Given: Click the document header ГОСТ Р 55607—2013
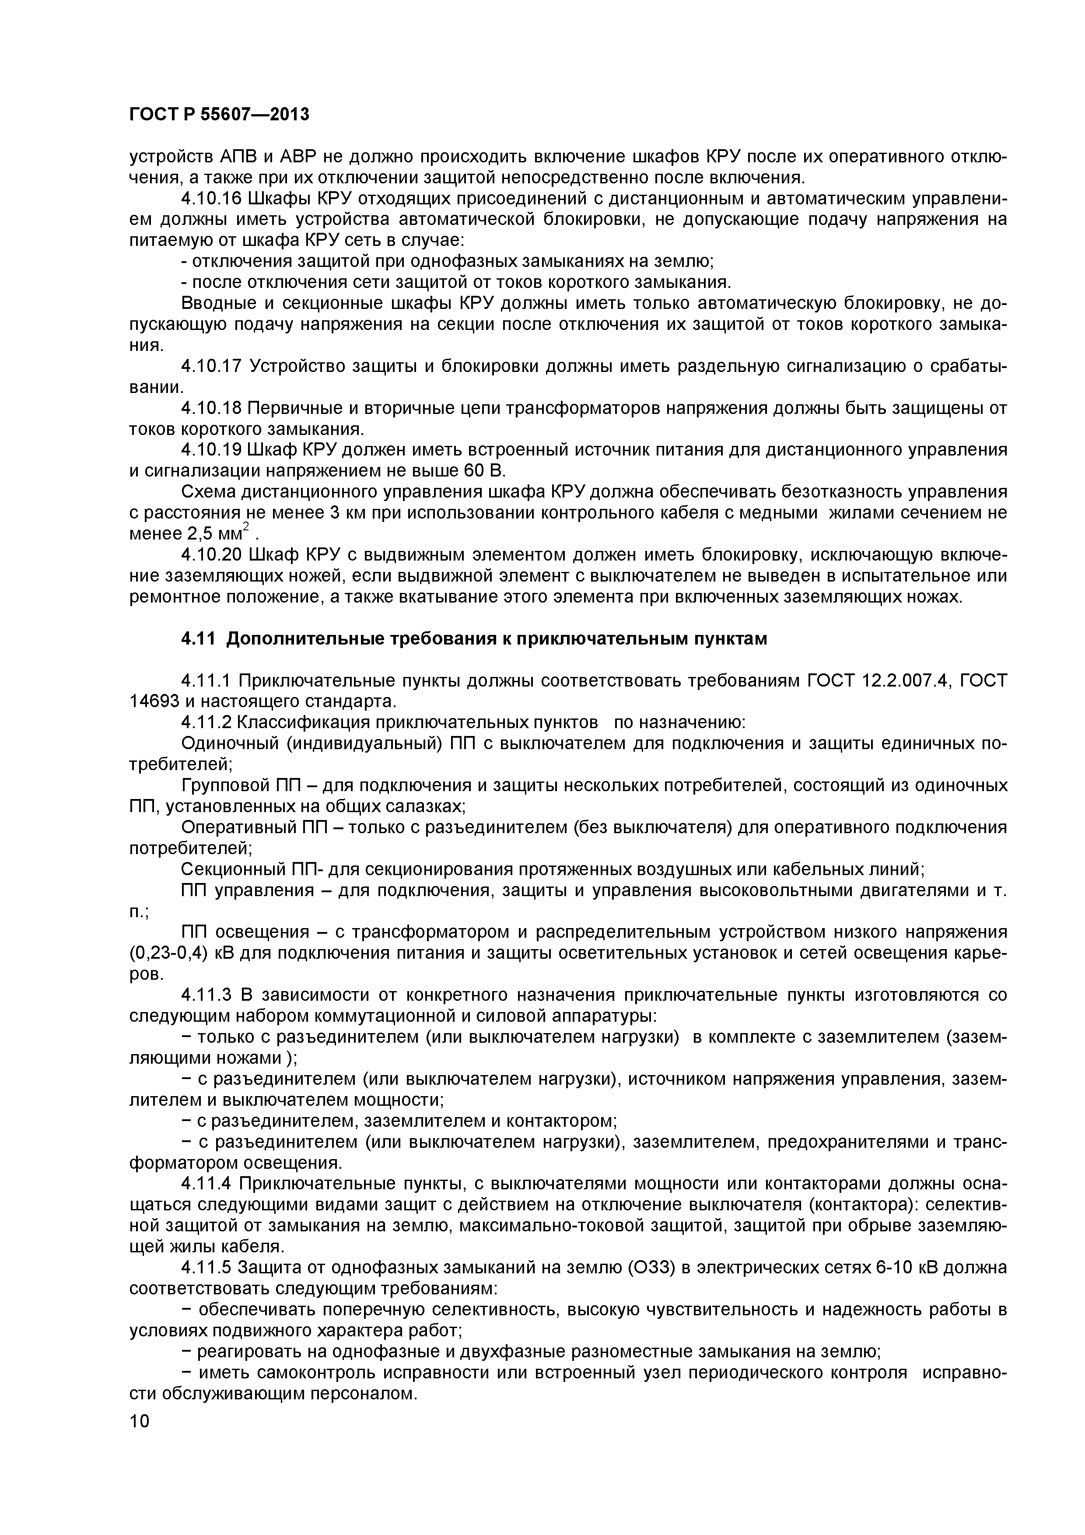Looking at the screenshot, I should [219, 115].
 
